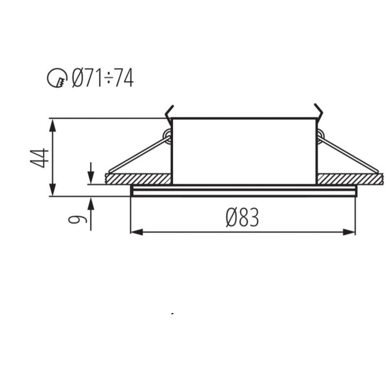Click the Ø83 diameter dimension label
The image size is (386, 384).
tap(243, 217)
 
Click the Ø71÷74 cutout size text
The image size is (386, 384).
tap(103, 78)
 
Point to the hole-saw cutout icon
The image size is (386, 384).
tap(57, 78)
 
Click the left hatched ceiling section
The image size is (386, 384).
tap(138, 179)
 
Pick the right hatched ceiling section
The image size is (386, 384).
tap(350, 179)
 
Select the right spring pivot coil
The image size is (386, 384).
tap(320, 135)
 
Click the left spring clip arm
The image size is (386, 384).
tap(139, 155)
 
